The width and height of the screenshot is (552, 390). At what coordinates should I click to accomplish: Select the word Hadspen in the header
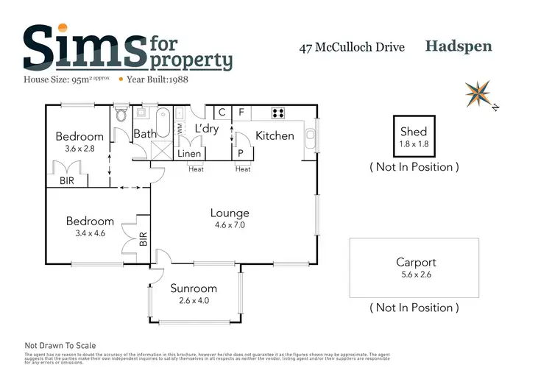[459, 46]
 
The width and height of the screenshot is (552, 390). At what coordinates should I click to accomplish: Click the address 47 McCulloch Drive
[353, 48]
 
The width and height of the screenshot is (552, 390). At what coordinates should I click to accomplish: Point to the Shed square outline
[413, 137]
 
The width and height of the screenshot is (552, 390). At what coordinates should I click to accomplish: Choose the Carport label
[416, 262]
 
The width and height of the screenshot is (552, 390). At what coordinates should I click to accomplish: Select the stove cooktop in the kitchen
[279, 113]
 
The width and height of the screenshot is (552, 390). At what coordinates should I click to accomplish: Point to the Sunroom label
[194, 288]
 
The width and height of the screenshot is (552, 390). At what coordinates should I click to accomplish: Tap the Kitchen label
[275, 135]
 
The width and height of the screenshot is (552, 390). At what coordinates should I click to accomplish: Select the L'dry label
[208, 129]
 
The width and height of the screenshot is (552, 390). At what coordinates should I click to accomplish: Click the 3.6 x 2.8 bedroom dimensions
[80, 149]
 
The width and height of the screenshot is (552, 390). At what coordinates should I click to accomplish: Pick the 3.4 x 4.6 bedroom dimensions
[90, 233]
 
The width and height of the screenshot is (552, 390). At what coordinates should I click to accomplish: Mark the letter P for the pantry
[241, 153]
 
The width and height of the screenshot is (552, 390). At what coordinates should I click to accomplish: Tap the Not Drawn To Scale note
[60, 345]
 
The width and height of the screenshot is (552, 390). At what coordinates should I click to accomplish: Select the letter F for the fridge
[241, 113]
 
